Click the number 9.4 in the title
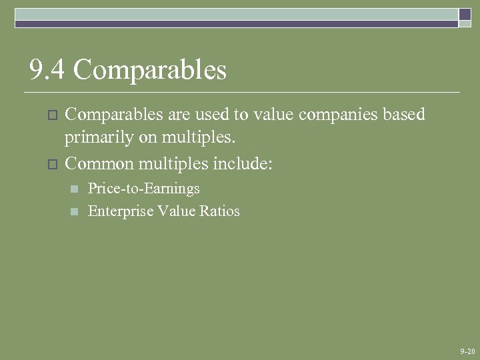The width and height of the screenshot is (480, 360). pos(46,70)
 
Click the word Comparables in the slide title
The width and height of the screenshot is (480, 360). pos(150,70)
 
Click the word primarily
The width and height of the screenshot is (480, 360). pos(95,139)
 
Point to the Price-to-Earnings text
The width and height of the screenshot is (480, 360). pos(144,189)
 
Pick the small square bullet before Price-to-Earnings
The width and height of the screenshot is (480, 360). pos(75,189)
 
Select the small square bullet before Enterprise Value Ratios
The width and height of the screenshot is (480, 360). pos(75,212)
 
